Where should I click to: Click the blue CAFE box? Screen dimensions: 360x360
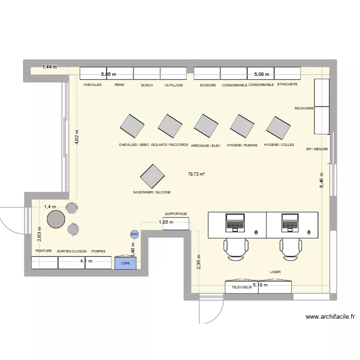126,263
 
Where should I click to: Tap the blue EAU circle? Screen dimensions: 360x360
134,234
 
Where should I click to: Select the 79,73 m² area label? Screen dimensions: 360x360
196,174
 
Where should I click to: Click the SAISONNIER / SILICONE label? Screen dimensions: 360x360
152,192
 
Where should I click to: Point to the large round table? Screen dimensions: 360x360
56,219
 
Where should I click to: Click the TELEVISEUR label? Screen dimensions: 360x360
242,288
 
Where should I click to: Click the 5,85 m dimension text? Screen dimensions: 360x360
108,74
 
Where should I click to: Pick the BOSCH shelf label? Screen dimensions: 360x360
147,85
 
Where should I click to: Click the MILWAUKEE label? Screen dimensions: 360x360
304,108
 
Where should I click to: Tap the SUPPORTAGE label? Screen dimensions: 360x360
176,214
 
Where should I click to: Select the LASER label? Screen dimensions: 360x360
275,272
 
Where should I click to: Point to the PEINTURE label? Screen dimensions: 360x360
43,251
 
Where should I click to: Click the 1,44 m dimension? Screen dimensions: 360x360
49,67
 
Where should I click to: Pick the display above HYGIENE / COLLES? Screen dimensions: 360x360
279,127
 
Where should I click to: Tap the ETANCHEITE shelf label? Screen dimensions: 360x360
288,84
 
